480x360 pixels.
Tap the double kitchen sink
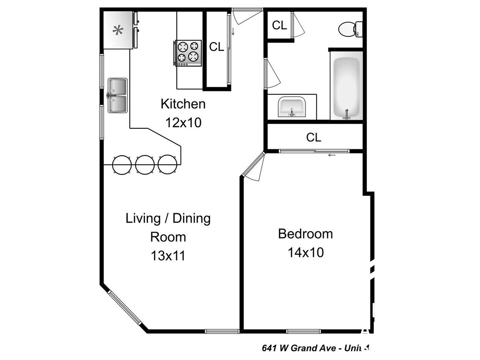click(117, 96)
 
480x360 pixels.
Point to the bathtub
click(346, 87)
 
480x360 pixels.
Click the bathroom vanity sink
click(292, 107)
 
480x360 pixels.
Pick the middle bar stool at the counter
click(145, 164)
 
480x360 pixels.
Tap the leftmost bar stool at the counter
click(122, 164)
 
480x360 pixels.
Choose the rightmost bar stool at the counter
click(167, 164)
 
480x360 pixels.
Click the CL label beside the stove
click(216, 47)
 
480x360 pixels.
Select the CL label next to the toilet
click(279, 25)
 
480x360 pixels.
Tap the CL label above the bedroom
click(314, 137)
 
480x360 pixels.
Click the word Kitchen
click(183, 104)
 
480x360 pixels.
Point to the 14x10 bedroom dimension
click(305, 253)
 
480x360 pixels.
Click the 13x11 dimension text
click(168, 255)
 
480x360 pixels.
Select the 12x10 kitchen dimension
click(183, 123)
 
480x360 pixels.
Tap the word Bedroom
click(305, 234)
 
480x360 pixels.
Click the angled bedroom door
click(253, 167)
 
